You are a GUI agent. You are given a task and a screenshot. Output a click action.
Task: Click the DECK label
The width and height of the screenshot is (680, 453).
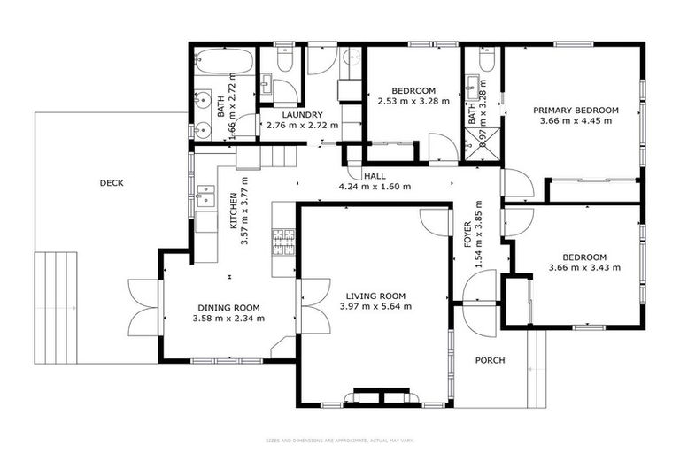pyautogui.click(x=112, y=183)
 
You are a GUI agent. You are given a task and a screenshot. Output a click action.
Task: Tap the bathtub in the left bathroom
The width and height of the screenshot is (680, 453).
pyautogui.click(x=212, y=65)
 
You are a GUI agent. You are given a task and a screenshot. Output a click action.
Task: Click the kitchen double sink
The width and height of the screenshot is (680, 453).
pyautogui.click(x=206, y=194)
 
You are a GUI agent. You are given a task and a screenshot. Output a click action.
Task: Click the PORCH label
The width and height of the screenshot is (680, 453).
pyautogui.click(x=490, y=360)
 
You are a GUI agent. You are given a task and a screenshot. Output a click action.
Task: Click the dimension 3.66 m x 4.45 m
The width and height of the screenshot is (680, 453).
pyautogui.click(x=576, y=121)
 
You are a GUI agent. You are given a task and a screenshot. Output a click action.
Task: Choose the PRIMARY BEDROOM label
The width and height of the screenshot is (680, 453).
pyautogui.click(x=576, y=111)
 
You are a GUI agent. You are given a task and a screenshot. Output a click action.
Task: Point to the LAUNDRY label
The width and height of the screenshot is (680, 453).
pyautogui.click(x=290, y=115)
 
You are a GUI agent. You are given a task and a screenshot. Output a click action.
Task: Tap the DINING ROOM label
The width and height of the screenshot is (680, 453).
pyautogui.click(x=229, y=307)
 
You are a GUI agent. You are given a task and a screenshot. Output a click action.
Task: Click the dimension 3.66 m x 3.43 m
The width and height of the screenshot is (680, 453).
pyautogui.click(x=584, y=267)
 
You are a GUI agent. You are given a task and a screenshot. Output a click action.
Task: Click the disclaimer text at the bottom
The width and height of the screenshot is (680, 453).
pyautogui.click(x=340, y=440)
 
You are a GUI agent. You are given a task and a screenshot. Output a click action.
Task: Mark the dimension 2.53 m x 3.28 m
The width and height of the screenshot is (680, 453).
pyautogui.click(x=414, y=102)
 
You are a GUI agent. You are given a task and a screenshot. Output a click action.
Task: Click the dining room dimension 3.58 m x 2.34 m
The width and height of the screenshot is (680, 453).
pyautogui.click(x=229, y=318)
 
